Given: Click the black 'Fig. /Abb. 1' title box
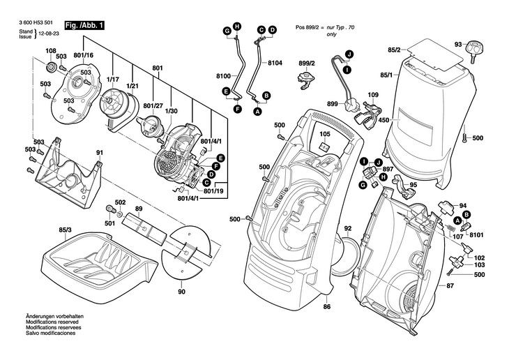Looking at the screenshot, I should (85, 26).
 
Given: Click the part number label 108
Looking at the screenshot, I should (52, 51).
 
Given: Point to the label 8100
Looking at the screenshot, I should (223, 75).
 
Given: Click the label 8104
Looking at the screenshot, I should (275, 63).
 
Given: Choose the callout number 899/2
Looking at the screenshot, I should (307, 63).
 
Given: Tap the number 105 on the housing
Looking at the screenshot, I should (325, 134).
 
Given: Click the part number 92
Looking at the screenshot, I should (348, 229).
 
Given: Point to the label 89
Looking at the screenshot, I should (139, 209).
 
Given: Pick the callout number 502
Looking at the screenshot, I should (120, 202).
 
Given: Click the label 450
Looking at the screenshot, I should (383, 120).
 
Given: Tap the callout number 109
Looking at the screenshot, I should (373, 95).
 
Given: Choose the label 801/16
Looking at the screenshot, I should (84, 55).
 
